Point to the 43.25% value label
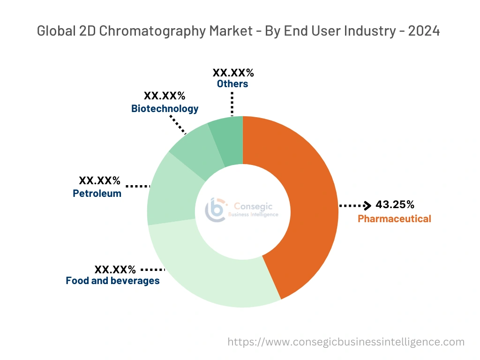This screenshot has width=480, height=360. (395, 205)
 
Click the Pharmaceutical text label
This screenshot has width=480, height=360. (394, 219)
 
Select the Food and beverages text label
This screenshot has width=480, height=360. (112, 281)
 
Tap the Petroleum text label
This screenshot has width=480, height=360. (97, 193)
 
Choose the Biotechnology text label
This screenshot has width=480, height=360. (165, 109)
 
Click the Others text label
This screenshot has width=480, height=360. (232, 84)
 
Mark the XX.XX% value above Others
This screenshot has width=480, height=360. (233, 73)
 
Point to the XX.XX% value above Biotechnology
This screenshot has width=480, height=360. (165, 96)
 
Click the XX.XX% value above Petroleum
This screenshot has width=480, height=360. (99, 180)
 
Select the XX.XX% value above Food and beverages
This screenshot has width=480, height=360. (115, 270)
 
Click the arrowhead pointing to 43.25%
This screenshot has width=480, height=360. (367, 205)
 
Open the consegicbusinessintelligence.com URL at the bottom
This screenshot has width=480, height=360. (346, 342)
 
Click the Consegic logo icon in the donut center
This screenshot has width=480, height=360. (216, 210)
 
